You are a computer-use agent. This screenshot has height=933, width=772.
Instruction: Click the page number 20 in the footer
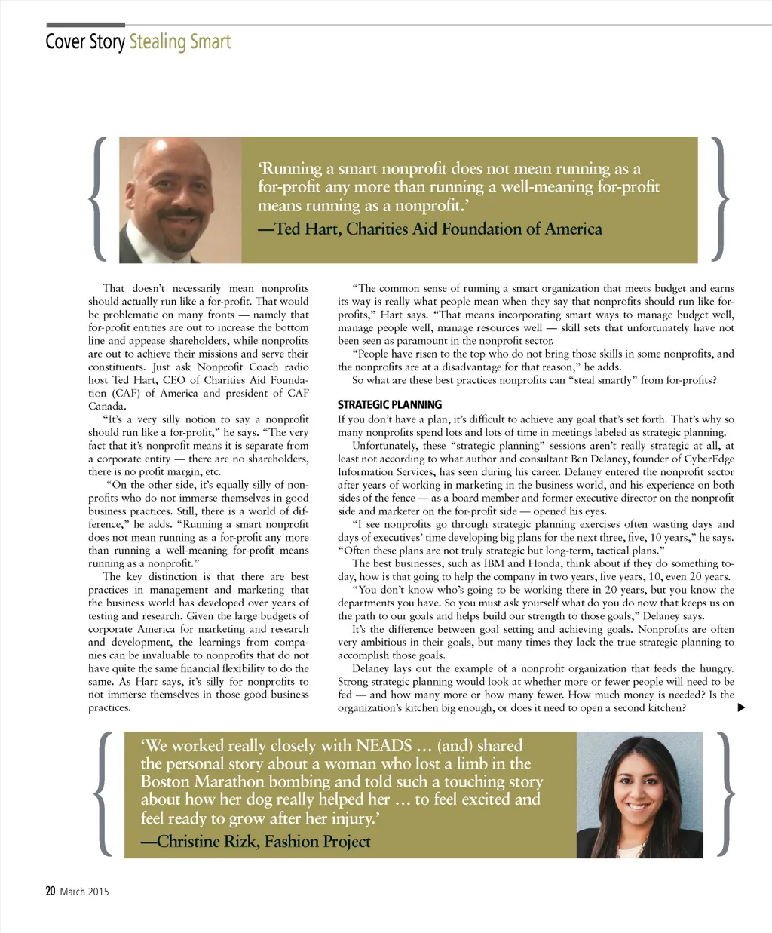(x=50, y=891)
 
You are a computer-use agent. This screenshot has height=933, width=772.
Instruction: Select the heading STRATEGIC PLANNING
(x=390, y=405)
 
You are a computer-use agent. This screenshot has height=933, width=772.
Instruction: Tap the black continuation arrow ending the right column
(x=741, y=707)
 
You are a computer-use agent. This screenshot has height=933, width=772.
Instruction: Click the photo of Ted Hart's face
(x=179, y=199)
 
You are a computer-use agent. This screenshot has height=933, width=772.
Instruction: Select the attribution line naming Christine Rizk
(x=256, y=842)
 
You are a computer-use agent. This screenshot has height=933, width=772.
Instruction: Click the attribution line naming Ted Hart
(x=430, y=229)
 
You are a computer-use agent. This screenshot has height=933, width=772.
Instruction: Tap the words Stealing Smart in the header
(x=180, y=41)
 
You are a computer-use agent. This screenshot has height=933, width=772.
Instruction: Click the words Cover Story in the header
(x=85, y=41)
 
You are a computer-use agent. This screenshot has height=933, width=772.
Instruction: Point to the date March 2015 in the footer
(x=84, y=892)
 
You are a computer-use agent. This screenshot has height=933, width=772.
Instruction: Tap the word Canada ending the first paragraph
(x=106, y=406)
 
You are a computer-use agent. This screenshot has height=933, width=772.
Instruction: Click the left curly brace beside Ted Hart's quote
(x=97, y=198)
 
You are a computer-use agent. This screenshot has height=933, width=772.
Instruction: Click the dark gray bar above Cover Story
(x=85, y=25)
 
